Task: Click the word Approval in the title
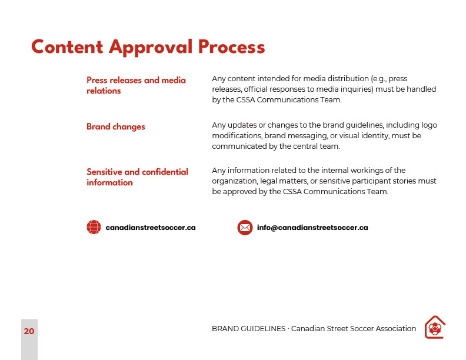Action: pyautogui.click(x=151, y=47)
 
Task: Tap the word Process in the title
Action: pyautogui.click(x=231, y=47)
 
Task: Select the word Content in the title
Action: pyautogui.click(x=67, y=46)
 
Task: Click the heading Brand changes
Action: pyautogui.click(x=116, y=127)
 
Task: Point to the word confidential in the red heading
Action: pyautogui.click(x=165, y=172)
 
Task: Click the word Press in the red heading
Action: pyautogui.click(x=97, y=80)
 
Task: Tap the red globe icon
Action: pyautogui.click(x=94, y=227)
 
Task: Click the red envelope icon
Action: pyautogui.click(x=245, y=228)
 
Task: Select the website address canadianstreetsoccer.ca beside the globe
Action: pyautogui.click(x=151, y=228)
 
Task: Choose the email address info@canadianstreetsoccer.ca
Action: pyautogui.click(x=312, y=228)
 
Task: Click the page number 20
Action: pyautogui.click(x=29, y=331)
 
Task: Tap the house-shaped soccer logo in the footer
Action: pyautogui.click(x=435, y=327)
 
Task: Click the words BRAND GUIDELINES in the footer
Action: pyautogui.click(x=249, y=329)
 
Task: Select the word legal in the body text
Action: pyautogui.click(x=267, y=181)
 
